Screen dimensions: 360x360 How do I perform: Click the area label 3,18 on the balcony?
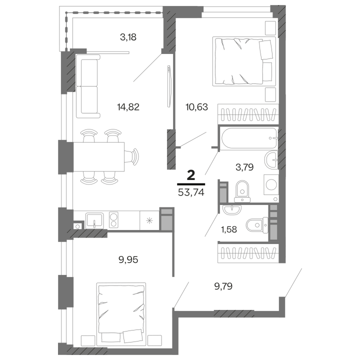(128, 36)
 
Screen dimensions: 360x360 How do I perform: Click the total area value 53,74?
(190, 191)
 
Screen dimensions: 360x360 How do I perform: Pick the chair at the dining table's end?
(133, 156)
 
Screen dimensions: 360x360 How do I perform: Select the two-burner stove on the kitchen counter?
(113, 219)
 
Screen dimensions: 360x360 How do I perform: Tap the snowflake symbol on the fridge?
(148, 219)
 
